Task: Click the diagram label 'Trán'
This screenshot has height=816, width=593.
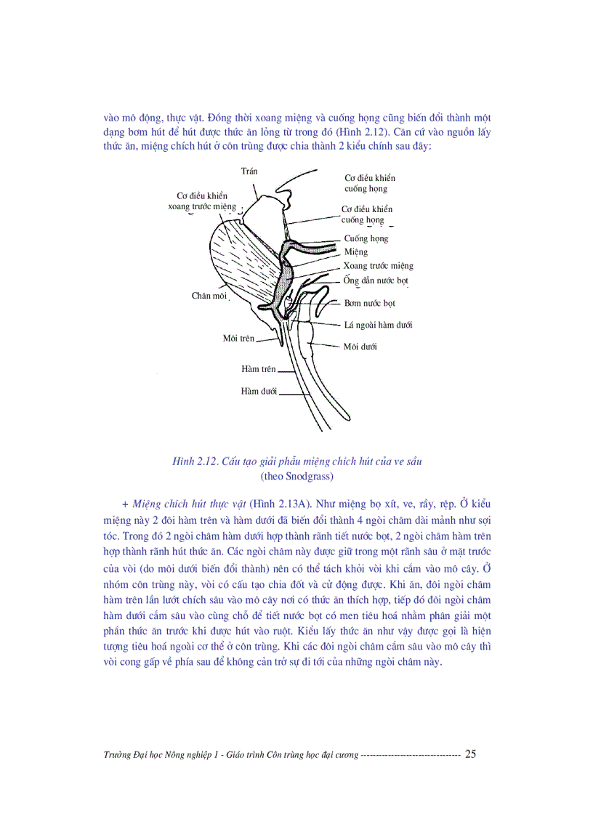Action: [x=249, y=171]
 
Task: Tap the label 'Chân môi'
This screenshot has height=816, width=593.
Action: [x=209, y=296]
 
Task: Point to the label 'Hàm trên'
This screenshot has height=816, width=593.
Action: [x=259, y=369]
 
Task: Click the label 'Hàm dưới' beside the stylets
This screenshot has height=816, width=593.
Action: [x=259, y=392]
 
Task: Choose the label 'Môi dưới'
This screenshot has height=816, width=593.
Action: [x=360, y=347]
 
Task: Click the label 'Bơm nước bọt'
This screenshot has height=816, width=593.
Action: [x=369, y=303]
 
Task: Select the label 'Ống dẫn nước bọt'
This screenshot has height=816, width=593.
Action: [x=376, y=280]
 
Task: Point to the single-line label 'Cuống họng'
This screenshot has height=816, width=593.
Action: [x=366, y=238]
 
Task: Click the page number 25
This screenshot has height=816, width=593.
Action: [x=470, y=754]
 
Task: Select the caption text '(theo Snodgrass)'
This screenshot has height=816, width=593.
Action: [x=296, y=477]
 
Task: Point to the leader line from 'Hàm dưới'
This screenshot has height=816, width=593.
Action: [x=294, y=394]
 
